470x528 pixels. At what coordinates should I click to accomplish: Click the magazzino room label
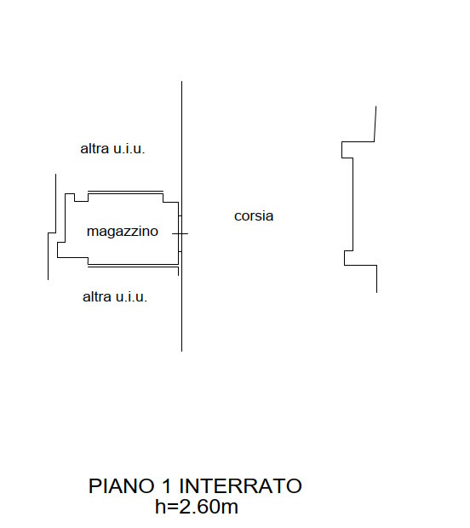click(123, 232)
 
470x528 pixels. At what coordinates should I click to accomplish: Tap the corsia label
click(254, 215)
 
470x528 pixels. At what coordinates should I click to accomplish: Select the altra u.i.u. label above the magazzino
click(112, 148)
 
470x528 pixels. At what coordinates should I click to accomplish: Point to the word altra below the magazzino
click(96, 296)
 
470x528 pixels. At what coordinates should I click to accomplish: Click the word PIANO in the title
click(121, 486)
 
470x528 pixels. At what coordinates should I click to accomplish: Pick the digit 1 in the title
click(166, 486)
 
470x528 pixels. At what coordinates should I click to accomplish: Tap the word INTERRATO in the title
click(240, 486)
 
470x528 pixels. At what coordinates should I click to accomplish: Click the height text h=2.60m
click(197, 507)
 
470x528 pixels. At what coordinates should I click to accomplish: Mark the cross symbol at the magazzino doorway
click(181, 233)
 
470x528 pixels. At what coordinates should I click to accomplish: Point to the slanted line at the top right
click(375, 123)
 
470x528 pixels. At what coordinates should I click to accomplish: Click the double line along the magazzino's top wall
click(125, 192)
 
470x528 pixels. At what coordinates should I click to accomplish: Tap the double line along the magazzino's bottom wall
click(133, 266)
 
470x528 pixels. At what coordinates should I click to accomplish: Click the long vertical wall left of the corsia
click(182, 216)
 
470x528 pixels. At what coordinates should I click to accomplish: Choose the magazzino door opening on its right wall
click(181, 233)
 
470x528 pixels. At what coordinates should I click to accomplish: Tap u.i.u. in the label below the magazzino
click(131, 296)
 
